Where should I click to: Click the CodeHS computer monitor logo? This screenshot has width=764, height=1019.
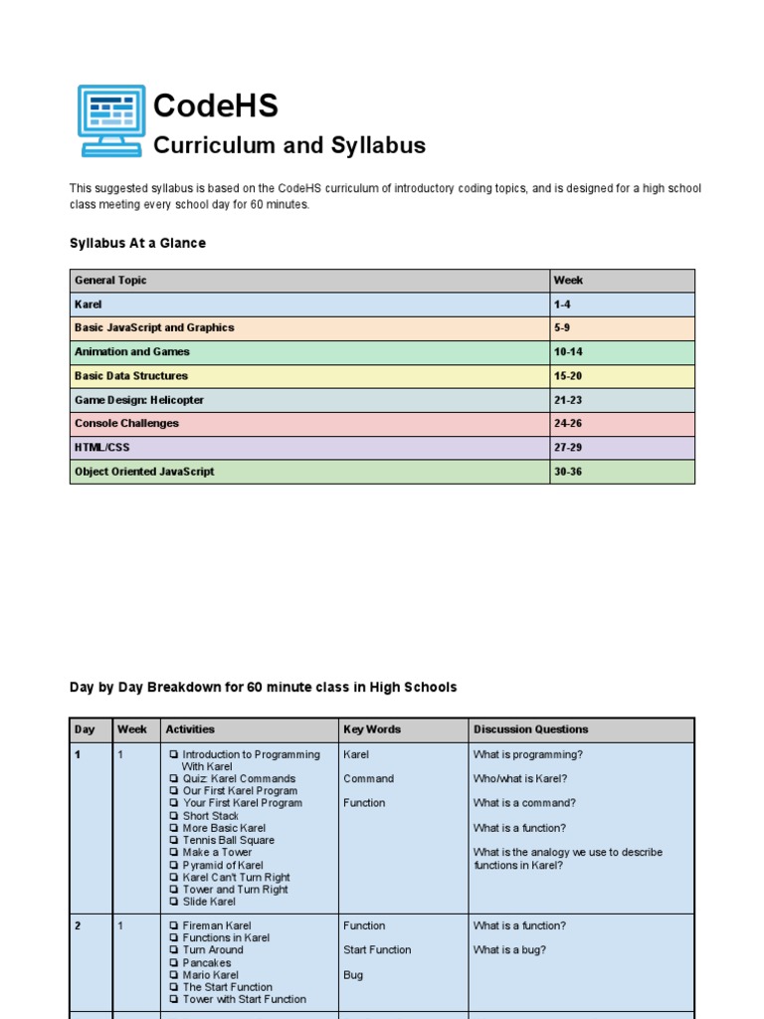111,120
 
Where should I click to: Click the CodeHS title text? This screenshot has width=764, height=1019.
215,106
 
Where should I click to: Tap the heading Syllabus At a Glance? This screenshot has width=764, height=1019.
137,243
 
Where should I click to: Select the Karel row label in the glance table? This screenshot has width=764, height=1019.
89,305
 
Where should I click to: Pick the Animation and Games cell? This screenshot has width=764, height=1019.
131,352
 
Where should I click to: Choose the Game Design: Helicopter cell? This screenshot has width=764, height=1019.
139,400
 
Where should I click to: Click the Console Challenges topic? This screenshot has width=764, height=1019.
126,424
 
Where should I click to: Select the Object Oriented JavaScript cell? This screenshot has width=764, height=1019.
143,472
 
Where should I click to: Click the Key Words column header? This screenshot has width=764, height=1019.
372,729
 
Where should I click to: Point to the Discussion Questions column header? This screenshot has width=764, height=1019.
530,729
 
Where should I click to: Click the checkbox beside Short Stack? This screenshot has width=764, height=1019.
174,816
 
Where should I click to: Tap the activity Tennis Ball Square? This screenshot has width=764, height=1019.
228,840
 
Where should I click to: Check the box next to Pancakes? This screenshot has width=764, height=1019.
174,963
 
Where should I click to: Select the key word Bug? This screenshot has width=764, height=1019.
353,975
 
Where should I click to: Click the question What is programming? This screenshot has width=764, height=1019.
527,754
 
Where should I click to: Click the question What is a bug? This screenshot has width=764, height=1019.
509,950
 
